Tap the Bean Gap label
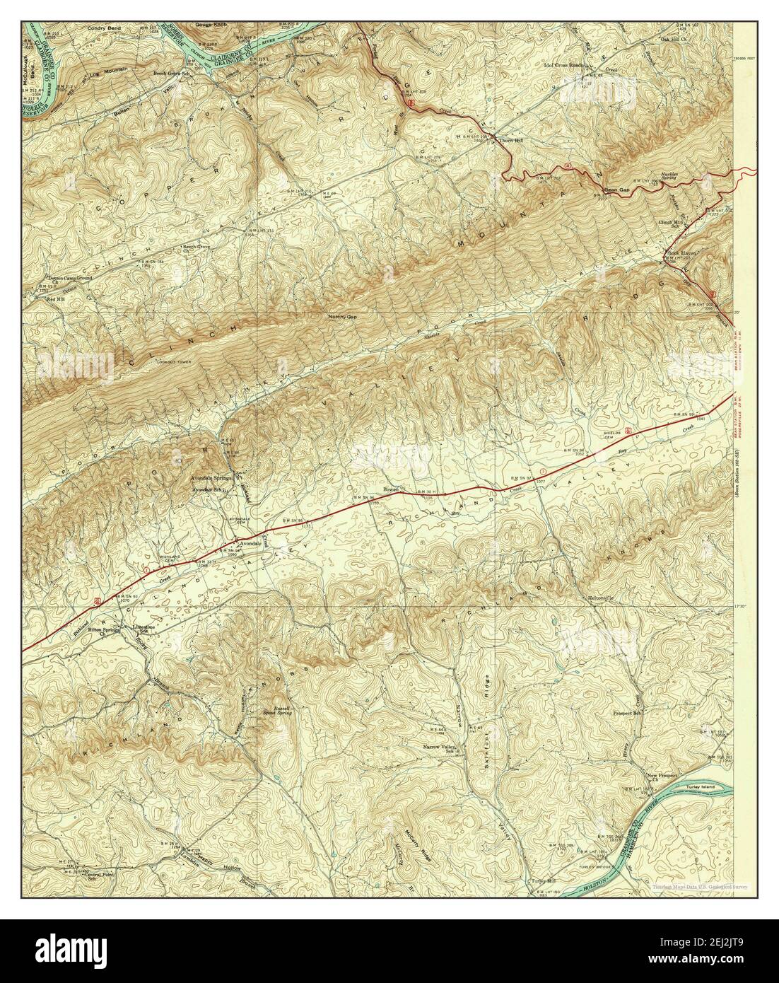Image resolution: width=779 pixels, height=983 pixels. pos(616,191)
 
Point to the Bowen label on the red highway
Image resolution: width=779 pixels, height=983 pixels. pos(392,489)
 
